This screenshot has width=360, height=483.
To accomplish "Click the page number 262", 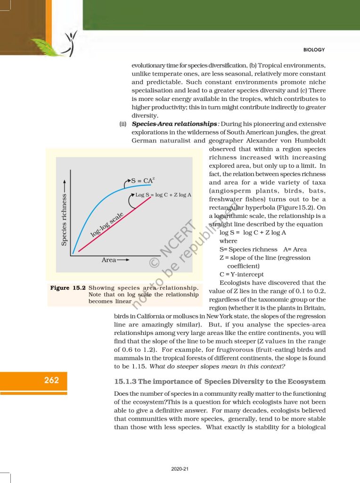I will pyautogui.click(x=52, y=380).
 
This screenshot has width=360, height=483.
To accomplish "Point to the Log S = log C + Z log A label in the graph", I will pyautogui.click(x=163, y=194).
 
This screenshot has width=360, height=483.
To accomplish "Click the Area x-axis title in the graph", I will pyautogui.click(x=109, y=260).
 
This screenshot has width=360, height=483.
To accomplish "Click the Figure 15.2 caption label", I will pyautogui.click(x=67, y=288).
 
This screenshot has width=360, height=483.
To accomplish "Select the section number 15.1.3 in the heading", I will pyautogui.click(x=129, y=381).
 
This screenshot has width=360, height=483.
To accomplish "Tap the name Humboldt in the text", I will pyautogui.click(x=309, y=140).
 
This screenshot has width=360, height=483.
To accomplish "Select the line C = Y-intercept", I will pyautogui.click(x=242, y=274).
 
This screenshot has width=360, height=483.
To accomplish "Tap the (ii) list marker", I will pyautogui.click(x=123, y=124).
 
